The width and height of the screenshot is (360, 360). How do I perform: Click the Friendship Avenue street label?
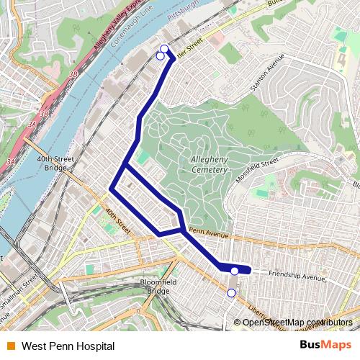(x=297, y=275)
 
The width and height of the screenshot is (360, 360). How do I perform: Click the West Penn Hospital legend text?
(x=68, y=346)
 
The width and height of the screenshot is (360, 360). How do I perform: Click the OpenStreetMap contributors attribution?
(x=297, y=323)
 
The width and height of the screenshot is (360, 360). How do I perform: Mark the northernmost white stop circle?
(x=164, y=49)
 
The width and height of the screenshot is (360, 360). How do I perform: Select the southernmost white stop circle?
(x=231, y=293)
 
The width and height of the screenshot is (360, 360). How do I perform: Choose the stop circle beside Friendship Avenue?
(x=235, y=271)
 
